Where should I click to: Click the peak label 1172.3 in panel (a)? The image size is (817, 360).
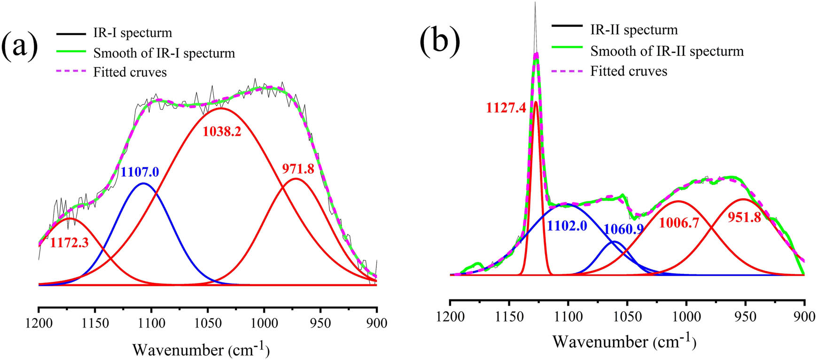click(x=69, y=243)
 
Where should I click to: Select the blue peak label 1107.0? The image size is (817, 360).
click(x=140, y=172)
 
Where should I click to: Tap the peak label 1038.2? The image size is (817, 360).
click(x=222, y=132)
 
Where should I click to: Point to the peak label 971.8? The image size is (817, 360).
click(x=298, y=169)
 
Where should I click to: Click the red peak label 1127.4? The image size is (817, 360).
click(x=506, y=108)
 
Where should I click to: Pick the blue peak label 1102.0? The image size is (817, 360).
click(x=567, y=226)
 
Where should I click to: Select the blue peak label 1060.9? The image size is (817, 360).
click(x=623, y=229)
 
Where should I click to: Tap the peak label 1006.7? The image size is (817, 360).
click(x=679, y=222)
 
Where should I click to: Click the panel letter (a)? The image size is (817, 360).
click(x=19, y=48)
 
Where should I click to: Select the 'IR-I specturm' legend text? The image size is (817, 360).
click(x=132, y=33)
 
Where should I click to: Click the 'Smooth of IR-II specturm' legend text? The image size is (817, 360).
click(x=667, y=51)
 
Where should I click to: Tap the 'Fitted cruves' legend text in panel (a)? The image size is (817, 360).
click(x=130, y=72)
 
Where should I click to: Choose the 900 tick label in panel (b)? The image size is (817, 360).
click(x=804, y=316)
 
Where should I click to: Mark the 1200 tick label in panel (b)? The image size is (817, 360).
click(x=450, y=316)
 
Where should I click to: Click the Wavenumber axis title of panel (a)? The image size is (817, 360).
click(x=201, y=350)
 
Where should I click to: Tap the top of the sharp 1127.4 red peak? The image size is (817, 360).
click(x=536, y=102)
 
